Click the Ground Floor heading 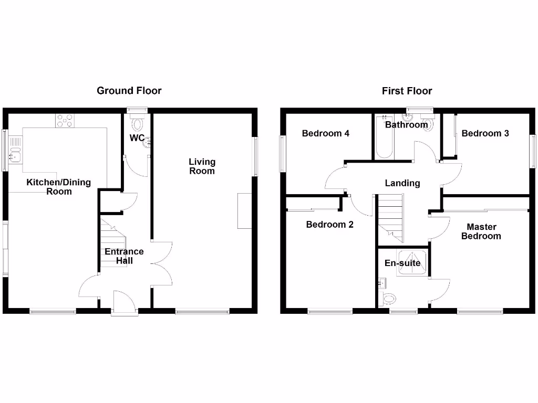(x=129, y=91)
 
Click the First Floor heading (x=407, y=91)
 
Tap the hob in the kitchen (x=65, y=121)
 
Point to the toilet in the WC (x=138, y=124)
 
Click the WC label (x=137, y=138)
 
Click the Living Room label (x=202, y=166)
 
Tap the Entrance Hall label (x=124, y=256)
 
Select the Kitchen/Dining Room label (x=59, y=187)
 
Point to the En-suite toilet (x=389, y=299)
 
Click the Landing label (x=402, y=183)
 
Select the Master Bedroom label (x=481, y=231)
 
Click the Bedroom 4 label (x=326, y=133)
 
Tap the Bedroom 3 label (x=485, y=133)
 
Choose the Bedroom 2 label (x=329, y=225)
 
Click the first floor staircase (x=390, y=218)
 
